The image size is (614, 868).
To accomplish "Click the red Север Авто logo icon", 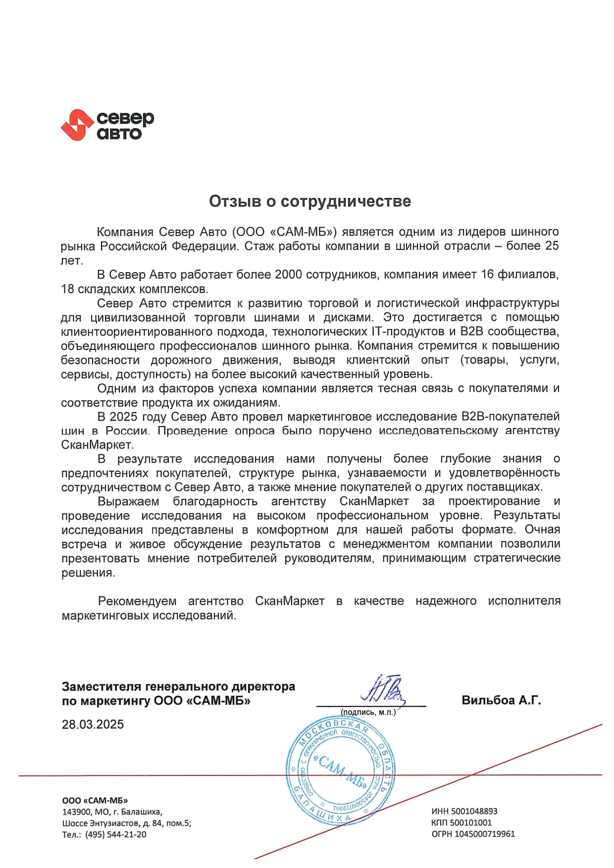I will (77, 125).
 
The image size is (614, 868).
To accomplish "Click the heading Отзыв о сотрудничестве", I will (309, 201).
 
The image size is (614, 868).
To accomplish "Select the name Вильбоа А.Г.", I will (501, 700).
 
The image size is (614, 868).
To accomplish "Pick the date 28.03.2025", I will (93, 724).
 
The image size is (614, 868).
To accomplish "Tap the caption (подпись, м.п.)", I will (368, 712).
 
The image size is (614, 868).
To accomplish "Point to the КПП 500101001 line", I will (461, 822).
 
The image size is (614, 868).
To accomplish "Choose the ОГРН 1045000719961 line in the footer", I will (473, 834).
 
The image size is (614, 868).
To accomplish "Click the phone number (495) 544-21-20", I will (116, 834).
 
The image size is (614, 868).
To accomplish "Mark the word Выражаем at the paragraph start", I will (128, 501).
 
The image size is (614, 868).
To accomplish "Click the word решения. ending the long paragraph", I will (88, 573).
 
